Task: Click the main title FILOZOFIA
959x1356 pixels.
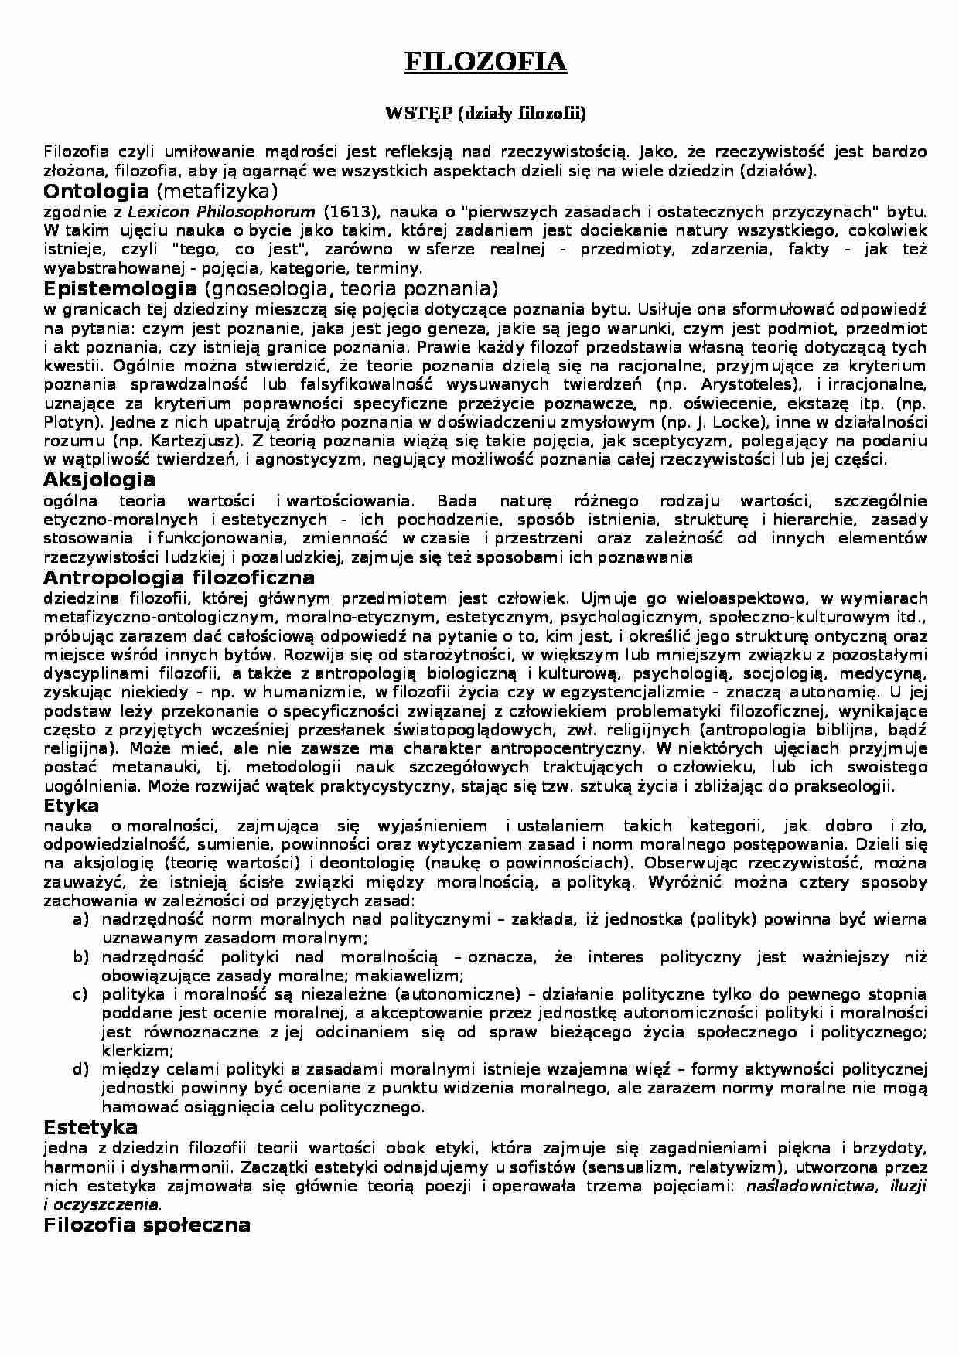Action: click(x=486, y=62)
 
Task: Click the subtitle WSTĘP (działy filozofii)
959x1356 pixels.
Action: click(x=486, y=114)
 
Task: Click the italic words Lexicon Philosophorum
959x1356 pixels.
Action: click(x=221, y=211)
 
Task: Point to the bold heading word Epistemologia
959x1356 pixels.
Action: click(x=121, y=289)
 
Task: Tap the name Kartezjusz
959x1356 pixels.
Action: click(x=191, y=441)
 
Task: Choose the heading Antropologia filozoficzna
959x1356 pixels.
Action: click(x=179, y=578)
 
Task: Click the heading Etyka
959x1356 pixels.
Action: click(x=72, y=806)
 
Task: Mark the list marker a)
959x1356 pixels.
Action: click(x=80, y=919)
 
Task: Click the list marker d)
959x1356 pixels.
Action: click(x=80, y=1070)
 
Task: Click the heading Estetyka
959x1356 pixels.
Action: click(x=90, y=1126)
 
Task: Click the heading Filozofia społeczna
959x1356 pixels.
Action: click(x=147, y=1225)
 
